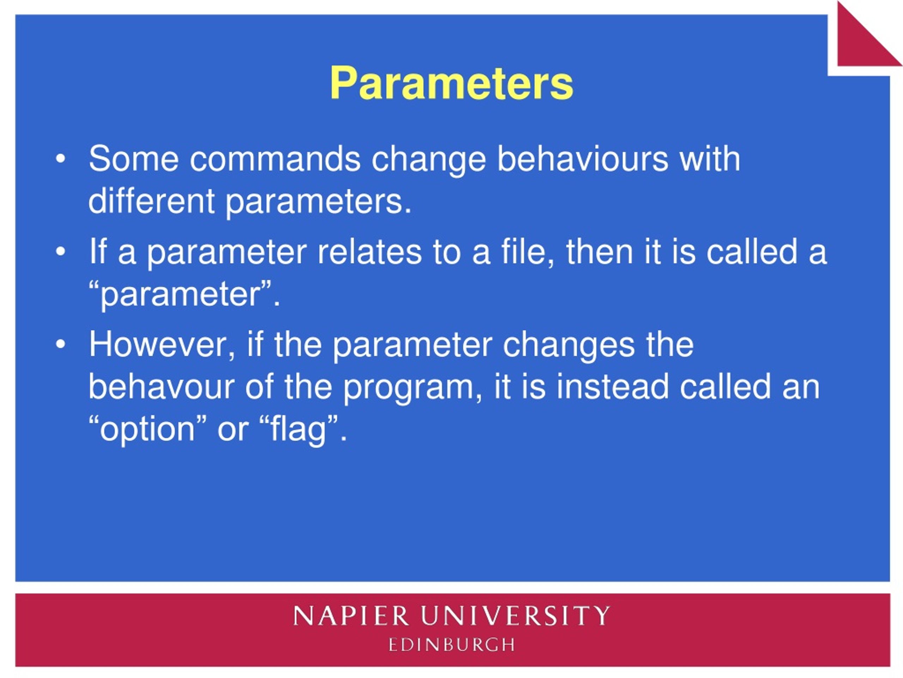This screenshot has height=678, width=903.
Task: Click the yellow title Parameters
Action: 451,83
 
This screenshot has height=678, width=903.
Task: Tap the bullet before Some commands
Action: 60,159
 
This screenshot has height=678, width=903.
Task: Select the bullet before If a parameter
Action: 60,252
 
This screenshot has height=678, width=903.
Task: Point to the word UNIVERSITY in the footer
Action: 516,615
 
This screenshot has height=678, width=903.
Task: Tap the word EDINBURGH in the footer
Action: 451,645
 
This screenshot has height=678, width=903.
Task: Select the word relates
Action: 369,251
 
